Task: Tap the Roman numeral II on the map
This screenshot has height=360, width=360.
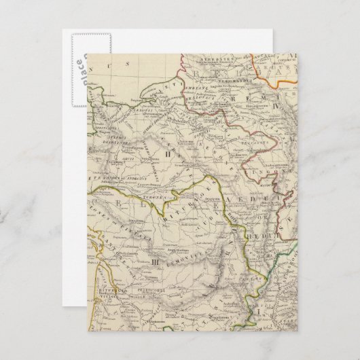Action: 166,156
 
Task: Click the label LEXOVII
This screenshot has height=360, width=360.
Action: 139,113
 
